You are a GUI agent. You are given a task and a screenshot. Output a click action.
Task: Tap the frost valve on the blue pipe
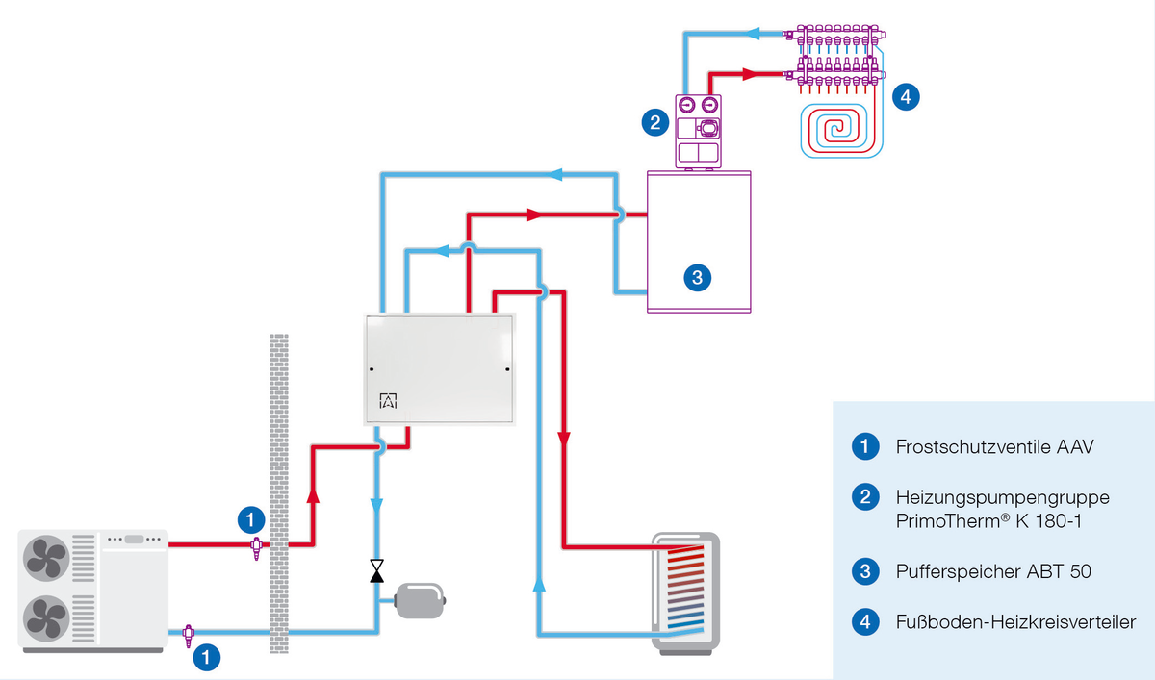pos(189,633)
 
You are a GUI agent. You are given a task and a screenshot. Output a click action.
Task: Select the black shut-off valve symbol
pos(376,571)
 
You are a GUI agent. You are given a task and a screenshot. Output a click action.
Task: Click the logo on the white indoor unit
pos(389,401)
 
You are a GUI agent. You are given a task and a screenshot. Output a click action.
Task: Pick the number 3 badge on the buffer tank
pos(697,278)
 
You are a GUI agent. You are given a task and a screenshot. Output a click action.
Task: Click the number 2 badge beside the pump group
pos(654,122)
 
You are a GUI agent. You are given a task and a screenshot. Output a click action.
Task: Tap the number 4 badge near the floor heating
pos(906,95)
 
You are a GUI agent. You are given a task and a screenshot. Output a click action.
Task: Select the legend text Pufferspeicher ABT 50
pos(992,571)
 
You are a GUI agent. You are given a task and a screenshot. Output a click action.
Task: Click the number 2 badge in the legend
pos(865,496)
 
